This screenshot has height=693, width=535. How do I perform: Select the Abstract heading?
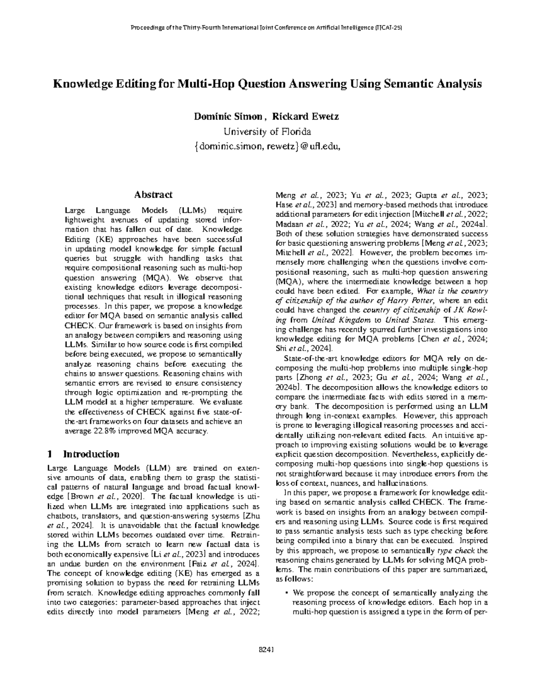point(153,195)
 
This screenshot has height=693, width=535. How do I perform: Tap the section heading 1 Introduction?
point(83,454)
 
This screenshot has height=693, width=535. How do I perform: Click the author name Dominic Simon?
point(227,117)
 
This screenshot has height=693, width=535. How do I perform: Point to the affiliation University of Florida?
point(267,132)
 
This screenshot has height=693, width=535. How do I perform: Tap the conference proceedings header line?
point(267,28)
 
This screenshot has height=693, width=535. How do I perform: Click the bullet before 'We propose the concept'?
point(286,593)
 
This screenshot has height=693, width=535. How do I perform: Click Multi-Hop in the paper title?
point(202,84)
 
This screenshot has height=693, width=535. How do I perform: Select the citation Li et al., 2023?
point(177,554)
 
